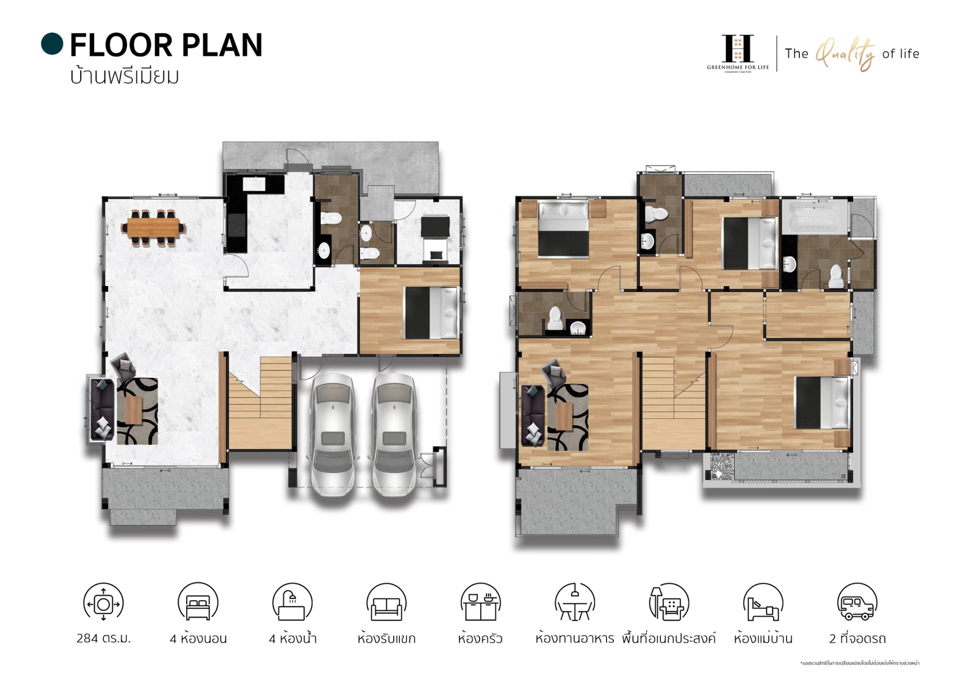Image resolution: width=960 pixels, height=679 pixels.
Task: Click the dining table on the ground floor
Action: click(153, 228)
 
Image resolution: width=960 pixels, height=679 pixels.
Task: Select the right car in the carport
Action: click(394, 434)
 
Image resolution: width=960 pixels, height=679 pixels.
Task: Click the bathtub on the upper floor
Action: click(815, 216)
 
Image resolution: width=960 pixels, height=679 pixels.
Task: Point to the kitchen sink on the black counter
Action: click(254, 183)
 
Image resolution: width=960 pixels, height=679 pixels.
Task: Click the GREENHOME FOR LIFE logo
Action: click(738, 53)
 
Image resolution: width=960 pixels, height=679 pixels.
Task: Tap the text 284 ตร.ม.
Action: click(104, 638)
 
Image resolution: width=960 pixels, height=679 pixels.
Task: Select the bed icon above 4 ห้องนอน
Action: click(198, 603)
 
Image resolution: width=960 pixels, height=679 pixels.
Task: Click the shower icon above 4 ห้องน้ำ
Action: click(292, 603)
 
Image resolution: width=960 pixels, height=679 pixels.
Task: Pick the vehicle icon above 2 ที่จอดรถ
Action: click(857, 603)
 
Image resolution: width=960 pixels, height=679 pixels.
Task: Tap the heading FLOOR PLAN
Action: click(166, 45)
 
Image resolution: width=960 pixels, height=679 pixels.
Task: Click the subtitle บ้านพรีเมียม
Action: click(125, 76)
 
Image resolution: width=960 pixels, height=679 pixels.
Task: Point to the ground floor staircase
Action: click(260, 403)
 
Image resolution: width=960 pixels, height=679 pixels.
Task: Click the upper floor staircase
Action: click(674, 403)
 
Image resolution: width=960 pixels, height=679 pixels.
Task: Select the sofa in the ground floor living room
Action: click(102, 409)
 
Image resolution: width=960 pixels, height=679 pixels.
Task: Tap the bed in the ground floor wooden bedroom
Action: click(431, 313)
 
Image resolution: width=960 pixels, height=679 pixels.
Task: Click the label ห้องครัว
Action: click(480, 638)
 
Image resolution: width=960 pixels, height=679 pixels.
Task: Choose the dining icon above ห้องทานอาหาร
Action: click(575, 603)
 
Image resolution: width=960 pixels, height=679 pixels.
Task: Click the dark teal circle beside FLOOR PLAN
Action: click(52, 44)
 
